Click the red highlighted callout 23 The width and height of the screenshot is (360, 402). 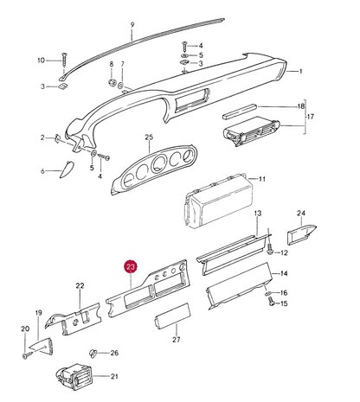(131, 267)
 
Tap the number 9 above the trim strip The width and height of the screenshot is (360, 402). (132, 25)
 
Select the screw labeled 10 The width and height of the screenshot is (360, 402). (64, 61)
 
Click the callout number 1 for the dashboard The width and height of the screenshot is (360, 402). (300, 71)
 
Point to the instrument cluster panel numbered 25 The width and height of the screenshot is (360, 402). (154, 169)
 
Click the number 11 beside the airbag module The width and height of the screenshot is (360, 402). (262, 179)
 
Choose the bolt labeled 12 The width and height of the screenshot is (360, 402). (270, 249)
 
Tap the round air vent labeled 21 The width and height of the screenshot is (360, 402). (74, 378)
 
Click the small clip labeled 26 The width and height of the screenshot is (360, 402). (93, 353)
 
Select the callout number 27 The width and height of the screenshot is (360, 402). (177, 340)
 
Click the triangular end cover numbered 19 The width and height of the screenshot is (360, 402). (42, 346)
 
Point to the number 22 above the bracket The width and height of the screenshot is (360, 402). (80, 286)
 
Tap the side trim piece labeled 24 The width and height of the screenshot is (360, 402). (301, 233)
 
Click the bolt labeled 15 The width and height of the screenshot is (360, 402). (271, 302)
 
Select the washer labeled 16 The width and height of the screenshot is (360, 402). (267, 294)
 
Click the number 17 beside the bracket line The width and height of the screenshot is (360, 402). (311, 117)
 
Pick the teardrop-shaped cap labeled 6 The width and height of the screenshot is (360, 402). (67, 169)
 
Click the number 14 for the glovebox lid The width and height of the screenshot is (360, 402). (284, 273)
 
